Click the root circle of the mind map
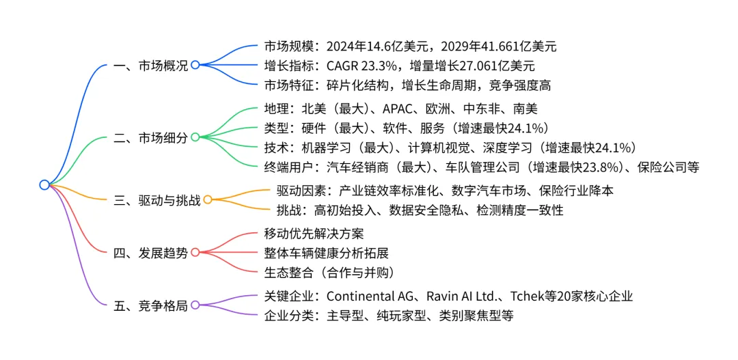(x=44, y=184)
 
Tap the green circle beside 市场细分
(x=195, y=137)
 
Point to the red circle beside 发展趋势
(x=195, y=252)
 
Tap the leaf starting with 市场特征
(x=407, y=85)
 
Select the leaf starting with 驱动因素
(x=445, y=191)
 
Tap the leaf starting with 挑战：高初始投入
(x=420, y=210)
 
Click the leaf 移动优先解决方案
(x=314, y=234)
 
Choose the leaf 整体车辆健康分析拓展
(x=326, y=253)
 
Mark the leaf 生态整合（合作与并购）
(x=329, y=272)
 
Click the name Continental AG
(x=370, y=296)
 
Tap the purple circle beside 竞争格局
(x=195, y=305)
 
